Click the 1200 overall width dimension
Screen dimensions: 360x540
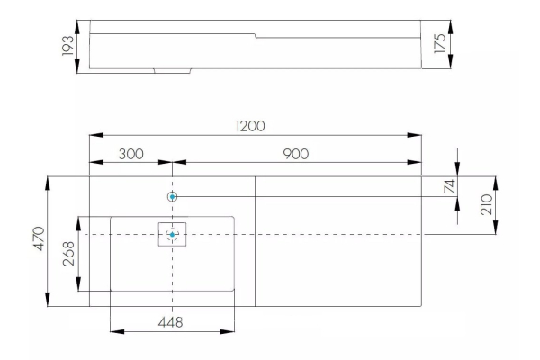coord(251,125)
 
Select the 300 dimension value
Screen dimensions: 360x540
coord(132,154)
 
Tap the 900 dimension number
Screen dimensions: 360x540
coord(295,154)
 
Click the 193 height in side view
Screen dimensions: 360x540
coord(67,46)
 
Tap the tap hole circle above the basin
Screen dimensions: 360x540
coord(172,196)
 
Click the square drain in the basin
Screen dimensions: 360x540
coord(172,234)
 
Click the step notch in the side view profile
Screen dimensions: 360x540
coord(256,36)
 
